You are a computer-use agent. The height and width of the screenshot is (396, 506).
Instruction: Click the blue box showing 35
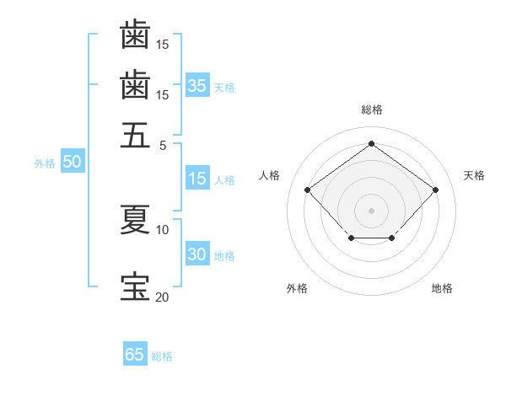(196, 85)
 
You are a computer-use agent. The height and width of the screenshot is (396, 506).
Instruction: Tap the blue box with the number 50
(71, 162)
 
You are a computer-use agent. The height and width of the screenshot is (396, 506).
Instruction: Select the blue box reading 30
(196, 254)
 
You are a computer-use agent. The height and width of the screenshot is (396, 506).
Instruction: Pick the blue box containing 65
(134, 355)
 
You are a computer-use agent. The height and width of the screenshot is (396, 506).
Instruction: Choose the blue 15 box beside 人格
(196, 179)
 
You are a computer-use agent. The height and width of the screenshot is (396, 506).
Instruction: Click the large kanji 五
(135, 135)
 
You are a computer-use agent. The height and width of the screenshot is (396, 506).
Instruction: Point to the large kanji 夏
(135, 221)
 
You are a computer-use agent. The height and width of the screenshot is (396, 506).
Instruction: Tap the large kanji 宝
(135, 286)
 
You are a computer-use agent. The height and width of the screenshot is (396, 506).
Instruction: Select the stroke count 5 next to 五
(164, 144)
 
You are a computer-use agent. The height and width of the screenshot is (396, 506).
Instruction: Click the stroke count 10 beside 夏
(163, 229)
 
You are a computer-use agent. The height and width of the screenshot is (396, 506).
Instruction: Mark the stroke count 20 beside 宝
(163, 296)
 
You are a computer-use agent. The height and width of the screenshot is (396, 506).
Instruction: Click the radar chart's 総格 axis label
(371, 110)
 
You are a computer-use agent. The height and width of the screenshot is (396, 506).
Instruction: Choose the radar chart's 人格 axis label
(270, 175)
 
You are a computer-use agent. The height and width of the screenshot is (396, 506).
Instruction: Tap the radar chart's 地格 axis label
(442, 288)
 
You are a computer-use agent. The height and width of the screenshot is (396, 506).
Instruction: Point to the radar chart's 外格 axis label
(297, 288)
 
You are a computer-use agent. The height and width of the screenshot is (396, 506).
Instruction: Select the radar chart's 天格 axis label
(475, 175)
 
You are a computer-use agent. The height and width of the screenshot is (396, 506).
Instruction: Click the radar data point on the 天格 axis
(435, 190)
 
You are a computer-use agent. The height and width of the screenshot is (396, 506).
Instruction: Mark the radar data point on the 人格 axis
(308, 190)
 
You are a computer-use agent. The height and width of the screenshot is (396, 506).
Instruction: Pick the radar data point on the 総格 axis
(371, 143)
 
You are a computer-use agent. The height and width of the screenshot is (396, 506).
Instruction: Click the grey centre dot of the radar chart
(371, 210)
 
